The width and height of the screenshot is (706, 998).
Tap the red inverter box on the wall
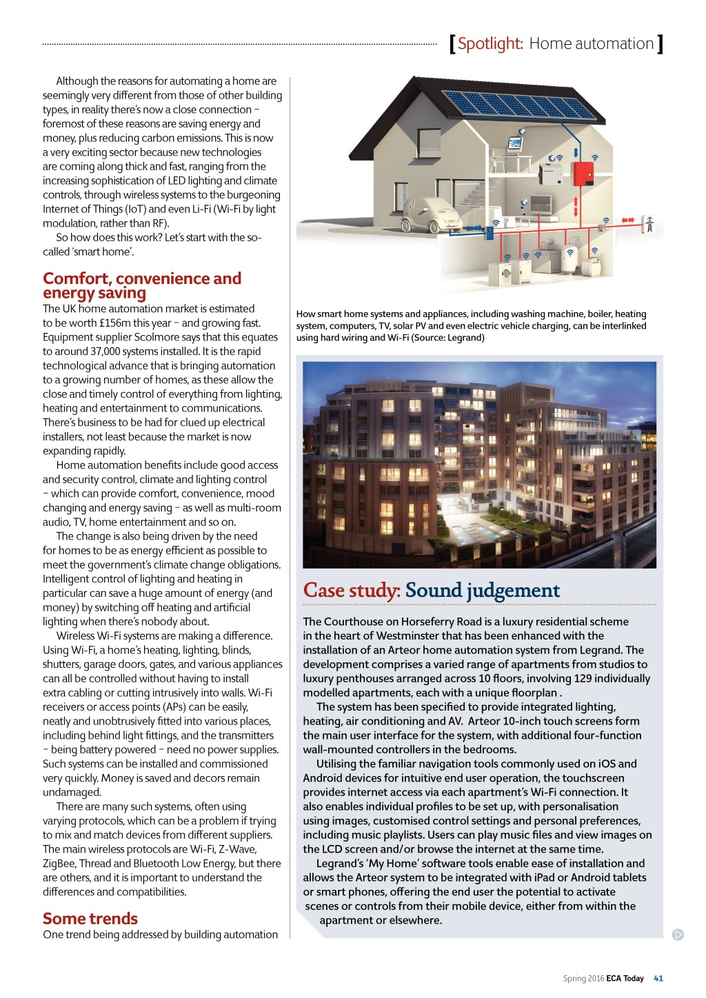(x=584, y=174)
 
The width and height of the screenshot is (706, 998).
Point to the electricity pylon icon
(x=649, y=224)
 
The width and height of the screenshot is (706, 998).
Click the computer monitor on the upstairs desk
(x=514, y=143)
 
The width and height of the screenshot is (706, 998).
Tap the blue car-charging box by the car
(x=490, y=232)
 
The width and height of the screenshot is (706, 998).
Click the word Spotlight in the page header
(x=490, y=43)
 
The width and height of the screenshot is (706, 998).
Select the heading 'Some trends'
(x=90, y=918)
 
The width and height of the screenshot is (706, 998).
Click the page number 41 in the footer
(x=658, y=978)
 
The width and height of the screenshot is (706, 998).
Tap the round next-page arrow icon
(x=678, y=935)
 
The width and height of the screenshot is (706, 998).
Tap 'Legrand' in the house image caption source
(x=466, y=338)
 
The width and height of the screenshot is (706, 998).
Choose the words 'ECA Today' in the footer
(x=625, y=978)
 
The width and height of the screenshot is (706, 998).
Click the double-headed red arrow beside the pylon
(x=627, y=221)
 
